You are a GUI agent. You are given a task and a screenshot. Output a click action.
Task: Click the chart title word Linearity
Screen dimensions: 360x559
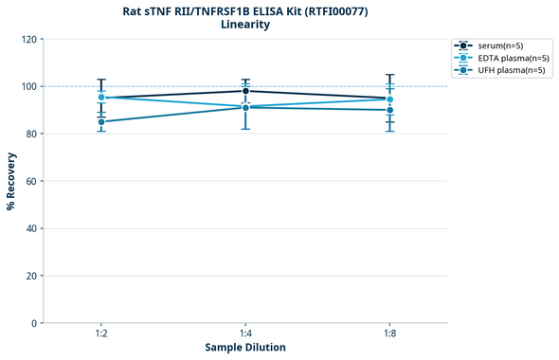pos(245,25)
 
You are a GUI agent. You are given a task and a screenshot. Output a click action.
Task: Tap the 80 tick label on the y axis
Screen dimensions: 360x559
pos(31,134)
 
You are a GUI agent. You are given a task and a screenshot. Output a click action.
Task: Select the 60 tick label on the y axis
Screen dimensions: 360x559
pos(31,181)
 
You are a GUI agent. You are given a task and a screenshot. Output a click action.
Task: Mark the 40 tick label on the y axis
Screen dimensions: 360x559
pos(31,228)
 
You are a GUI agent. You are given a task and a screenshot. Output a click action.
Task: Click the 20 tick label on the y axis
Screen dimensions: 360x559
pos(31,276)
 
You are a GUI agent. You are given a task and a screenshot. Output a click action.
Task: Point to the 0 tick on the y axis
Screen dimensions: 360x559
pos(34,323)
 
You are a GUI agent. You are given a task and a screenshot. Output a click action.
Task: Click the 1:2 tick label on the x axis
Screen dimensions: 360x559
pos(101,334)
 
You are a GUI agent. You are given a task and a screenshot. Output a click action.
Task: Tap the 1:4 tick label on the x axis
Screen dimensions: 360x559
pos(245,334)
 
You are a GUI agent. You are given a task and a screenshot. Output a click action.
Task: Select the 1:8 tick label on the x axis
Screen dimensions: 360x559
pos(389,334)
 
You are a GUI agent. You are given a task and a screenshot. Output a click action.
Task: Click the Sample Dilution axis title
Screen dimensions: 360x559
pos(245,348)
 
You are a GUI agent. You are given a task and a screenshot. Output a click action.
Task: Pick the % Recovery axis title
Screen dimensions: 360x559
pos(11,181)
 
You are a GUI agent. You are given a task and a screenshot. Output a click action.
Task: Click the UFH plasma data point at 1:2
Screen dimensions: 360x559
pos(101,121)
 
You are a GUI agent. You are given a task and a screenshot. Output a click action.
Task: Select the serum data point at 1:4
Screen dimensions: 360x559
pos(245,91)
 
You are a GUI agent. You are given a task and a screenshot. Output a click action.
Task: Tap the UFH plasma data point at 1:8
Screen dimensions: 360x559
pos(389,110)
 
